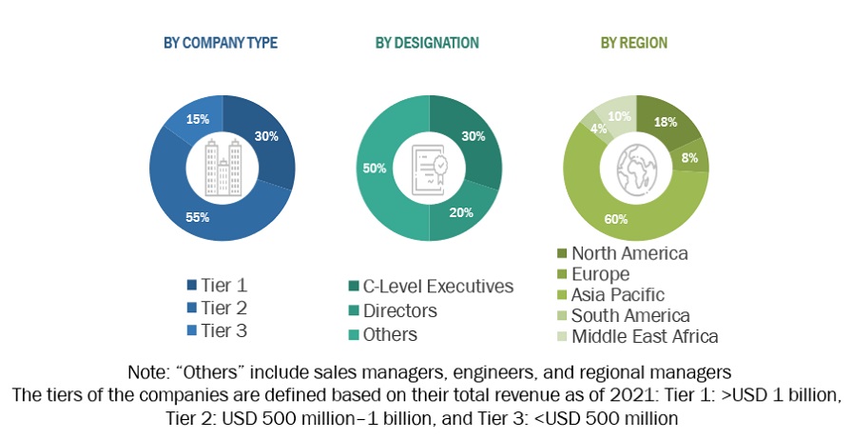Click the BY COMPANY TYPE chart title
222,43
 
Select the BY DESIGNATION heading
427,43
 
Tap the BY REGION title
633,43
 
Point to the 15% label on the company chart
198,120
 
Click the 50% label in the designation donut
375,169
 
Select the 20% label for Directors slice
461,212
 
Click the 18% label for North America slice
665,123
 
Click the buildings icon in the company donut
222,168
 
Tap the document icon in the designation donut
428,168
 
